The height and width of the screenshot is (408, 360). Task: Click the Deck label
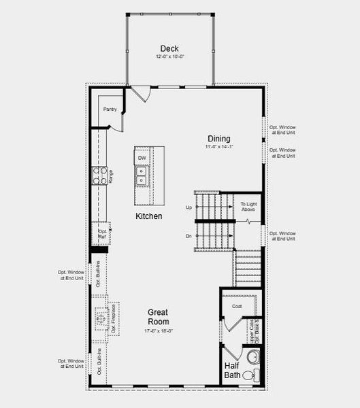click(x=169, y=48)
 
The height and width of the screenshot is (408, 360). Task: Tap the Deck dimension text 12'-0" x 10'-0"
click(x=169, y=56)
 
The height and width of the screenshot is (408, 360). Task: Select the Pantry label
click(x=110, y=109)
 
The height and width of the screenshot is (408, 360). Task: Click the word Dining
click(x=218, y=139)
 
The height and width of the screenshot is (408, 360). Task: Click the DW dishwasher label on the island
click(x=142, y=158)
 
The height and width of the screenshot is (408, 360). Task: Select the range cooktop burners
click(x=99, y=176)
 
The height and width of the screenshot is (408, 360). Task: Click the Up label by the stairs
click(x=188, y=207)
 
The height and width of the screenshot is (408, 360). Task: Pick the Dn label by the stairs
click(x=188, y=237)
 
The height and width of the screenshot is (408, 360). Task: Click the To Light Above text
click(x=248, y=207)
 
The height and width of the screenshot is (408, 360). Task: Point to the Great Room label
click(x=159, y=317)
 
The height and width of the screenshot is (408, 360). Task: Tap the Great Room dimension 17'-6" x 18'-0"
click(x=159, y=330)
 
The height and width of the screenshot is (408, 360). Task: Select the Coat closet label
click(x=237, y=307)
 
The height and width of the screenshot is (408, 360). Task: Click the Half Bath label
click(x=232, y=370)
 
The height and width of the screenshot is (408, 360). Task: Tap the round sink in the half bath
click(x=252, y=356)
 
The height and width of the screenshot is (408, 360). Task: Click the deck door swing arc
click(x=142, y=94)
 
